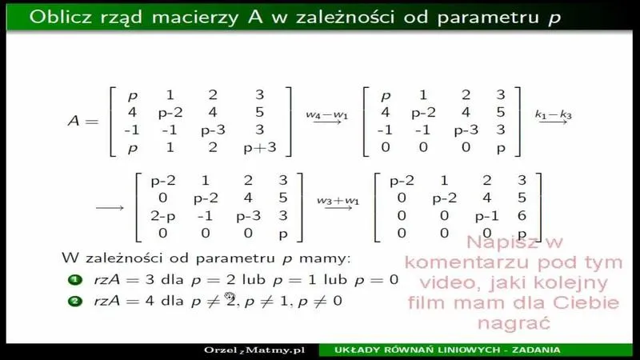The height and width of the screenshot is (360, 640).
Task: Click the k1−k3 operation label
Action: click(x=552, y=114)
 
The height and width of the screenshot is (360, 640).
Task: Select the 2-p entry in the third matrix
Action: click(x=162, y=216)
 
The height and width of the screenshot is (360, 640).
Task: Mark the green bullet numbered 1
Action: click(x=74, y=279)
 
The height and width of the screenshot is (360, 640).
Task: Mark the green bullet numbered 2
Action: click(x=74, y=301)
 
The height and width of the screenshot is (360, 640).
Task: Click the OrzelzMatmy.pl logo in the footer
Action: click(x=254, y=350)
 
